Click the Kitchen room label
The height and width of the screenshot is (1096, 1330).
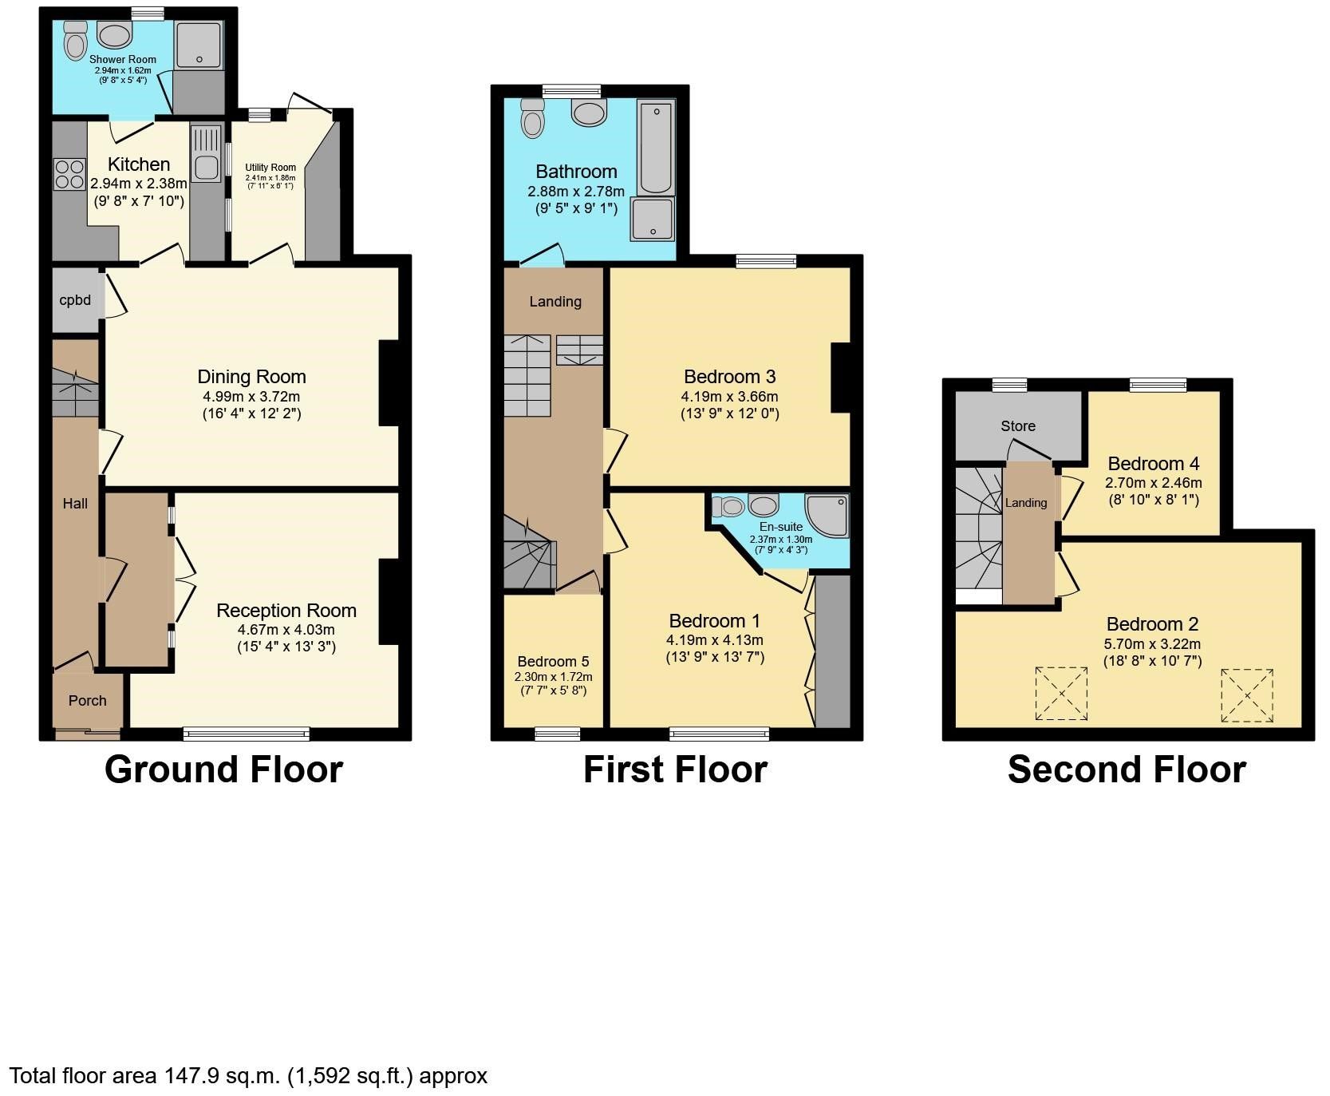click(x=139, y=164)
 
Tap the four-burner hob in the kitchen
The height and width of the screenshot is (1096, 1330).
click(x=69, y=174)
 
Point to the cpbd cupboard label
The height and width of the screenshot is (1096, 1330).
click(x=76, y=301)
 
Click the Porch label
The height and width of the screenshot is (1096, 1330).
click(x=87, y=701)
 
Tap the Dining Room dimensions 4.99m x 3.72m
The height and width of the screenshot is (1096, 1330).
click(x=251, y=397)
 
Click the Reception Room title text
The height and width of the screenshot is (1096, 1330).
click(x=286, y=611)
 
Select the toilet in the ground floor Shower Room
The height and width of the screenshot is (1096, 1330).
click(x=75, y=41)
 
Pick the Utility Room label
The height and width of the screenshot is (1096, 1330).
click(x=270, y=168)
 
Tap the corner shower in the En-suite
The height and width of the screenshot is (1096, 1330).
click(x=828, y=514)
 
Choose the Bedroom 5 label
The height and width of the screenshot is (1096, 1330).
click(x=553, y=662)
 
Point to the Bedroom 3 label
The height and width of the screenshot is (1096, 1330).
click(x=729, y=377)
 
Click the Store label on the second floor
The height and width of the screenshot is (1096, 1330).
click(x=1018, y=426)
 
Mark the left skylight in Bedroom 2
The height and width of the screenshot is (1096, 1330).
click(x=1060, y=693)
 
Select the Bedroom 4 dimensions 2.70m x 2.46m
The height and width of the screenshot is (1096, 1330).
click(x=1153, y=483)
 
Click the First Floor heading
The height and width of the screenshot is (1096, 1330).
click(x=675, y=770)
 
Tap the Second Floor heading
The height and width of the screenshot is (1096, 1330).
click(x=1127, y=770)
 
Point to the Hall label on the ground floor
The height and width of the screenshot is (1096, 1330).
click(x=76, y=504)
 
